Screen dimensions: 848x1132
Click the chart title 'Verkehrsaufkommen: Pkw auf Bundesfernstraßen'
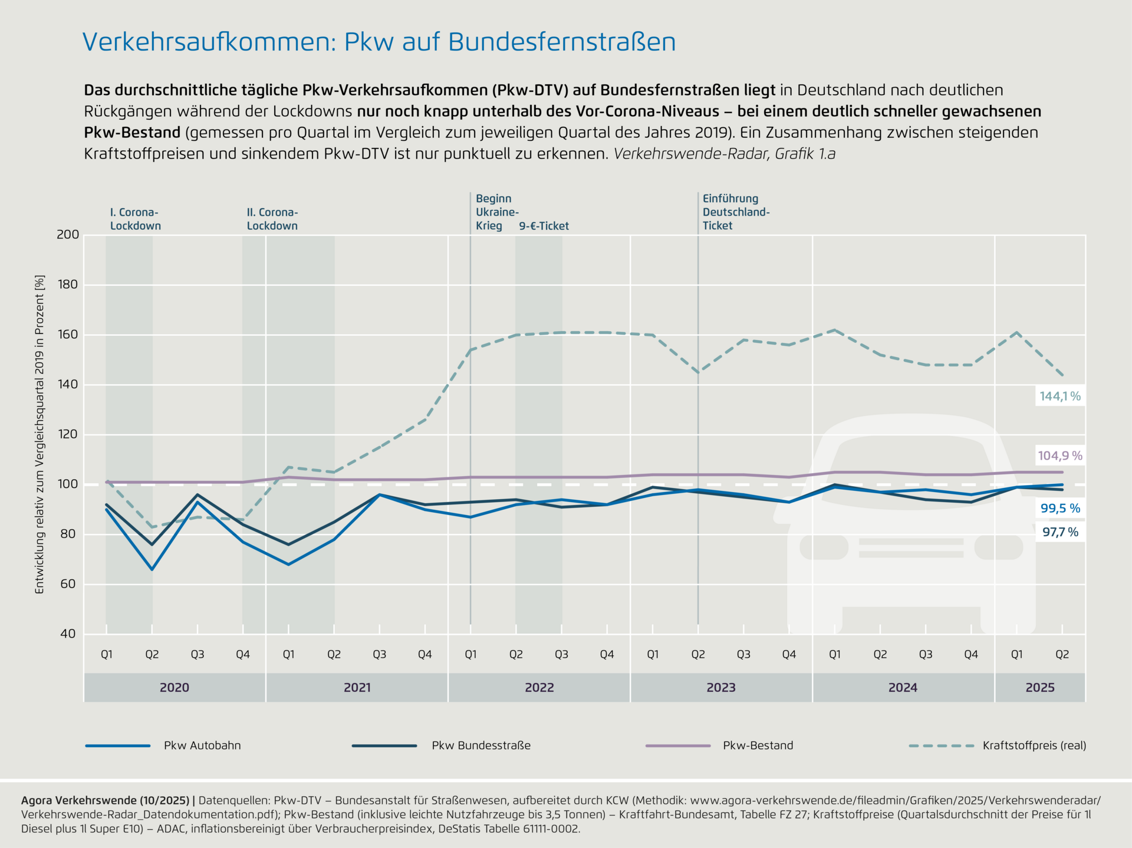click(x=379, y=42)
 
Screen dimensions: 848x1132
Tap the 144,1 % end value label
click(x=1059, y=397)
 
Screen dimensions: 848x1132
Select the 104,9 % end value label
click(x=1059, y=456)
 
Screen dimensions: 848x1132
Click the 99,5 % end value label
click(x=1059, y=508)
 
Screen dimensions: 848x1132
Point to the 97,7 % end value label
click(x=1059, y=532)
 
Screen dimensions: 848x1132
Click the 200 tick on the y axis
click(x=68, y=235)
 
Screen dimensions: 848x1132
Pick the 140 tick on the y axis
click(x=68, y=384)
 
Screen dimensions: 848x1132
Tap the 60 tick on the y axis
click(x=68, y=584)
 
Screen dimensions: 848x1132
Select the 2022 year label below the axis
click(x=539, y=688)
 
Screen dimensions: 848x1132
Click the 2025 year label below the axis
click(x=1039, y=688)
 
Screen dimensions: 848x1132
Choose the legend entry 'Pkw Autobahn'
click(x=202, y=745)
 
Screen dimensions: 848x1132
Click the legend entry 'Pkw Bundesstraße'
click(x=481, y=745)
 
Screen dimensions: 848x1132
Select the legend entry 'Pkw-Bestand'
click(x=758, y=745)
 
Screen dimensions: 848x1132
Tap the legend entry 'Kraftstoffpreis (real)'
click(x=1034, y=745)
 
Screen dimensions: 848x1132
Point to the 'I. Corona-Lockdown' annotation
click(x=135, y=219)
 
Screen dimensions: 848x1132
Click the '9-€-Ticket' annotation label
click(x=544, y=226)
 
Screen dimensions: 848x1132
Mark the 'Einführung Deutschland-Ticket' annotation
click(x=736, y=212)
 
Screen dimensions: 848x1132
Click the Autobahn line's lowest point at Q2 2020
click(x=152, y=569)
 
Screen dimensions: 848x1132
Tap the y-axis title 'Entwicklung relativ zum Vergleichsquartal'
click(x=40, y=434)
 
